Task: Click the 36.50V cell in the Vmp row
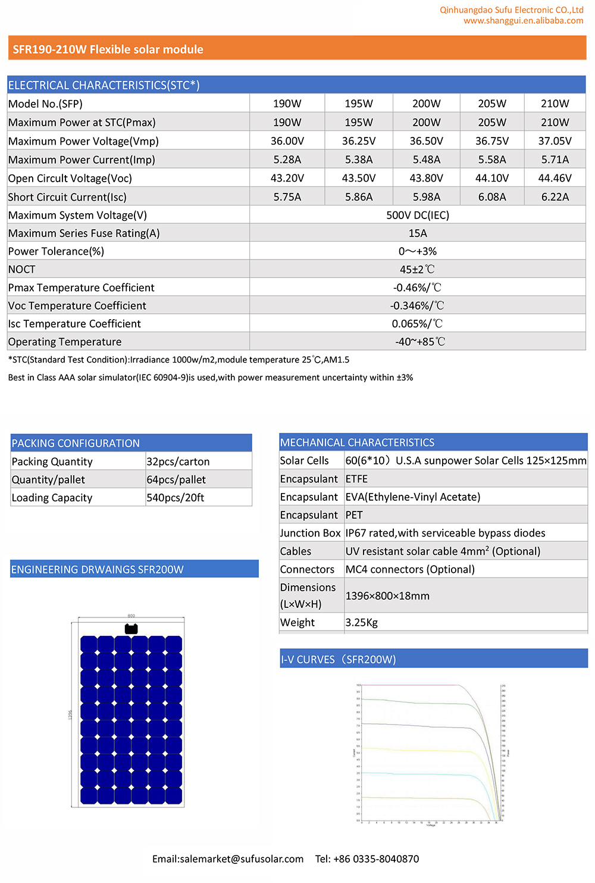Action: (x=426, y=141)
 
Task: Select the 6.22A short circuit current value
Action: (x=555, y=197)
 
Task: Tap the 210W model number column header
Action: (x=555, y=104)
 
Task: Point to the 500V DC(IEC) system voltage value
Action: (x=417, y=215)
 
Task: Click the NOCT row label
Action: (x=22, y=269)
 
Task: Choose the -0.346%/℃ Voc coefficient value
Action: (x=417, y=305)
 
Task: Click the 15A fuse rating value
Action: (x=417, y=233)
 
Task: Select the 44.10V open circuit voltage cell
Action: (x=492, y=178)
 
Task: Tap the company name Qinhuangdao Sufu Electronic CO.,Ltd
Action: (x=511, y=10)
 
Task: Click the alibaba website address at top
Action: (x=523, y=21)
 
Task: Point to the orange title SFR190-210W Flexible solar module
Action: (x=108, y=49)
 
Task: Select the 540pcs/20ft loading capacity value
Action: (x=176, y=498)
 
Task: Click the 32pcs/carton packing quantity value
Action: (x=178, y=461)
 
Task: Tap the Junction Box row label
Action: (x=310, y=533)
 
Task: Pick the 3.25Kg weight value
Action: (x=362, y=622)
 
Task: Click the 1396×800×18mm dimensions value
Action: (x=387, y=595)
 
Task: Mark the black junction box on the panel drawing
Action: (x=131, y=629)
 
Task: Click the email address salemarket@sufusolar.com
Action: (x=228, y=859)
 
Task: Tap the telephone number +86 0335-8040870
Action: (x=367, y=859)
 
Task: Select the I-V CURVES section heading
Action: (x=338, y=659)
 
